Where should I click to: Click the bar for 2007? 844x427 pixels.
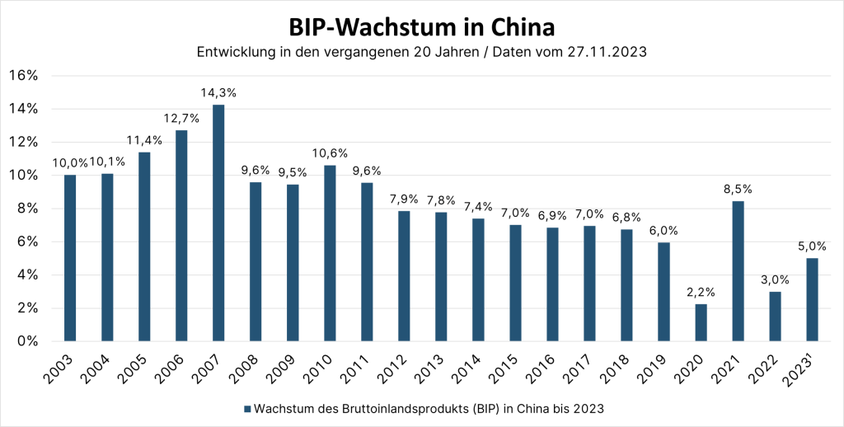[218, 223]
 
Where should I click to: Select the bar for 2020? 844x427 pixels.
[701, 322]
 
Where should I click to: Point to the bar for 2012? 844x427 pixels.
[404, 275]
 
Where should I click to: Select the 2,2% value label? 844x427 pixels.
[701, 292]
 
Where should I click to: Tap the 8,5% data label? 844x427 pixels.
[738, 189]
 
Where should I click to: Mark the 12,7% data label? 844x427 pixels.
[181, 118]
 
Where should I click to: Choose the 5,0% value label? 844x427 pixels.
[812, 245]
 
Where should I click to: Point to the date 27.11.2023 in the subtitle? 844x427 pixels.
[602, 53]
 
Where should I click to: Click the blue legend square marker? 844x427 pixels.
[247, 408]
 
